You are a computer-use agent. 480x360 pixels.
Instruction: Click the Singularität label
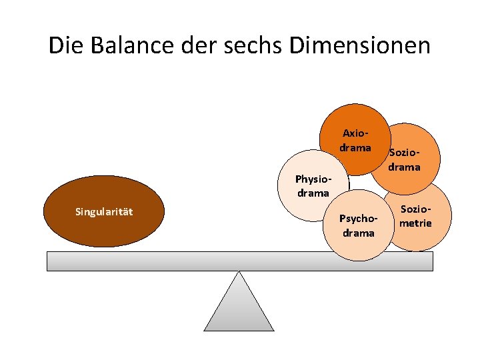coord(104,212)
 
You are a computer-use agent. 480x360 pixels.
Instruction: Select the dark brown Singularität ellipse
coord(103,227)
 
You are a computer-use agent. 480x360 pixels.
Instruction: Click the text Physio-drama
coord(312,186)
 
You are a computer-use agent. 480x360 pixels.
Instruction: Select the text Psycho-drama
coord(359,225)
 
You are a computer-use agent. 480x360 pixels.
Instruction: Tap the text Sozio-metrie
coord(415,217)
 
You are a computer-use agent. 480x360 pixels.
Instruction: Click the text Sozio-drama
coord(405,161)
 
